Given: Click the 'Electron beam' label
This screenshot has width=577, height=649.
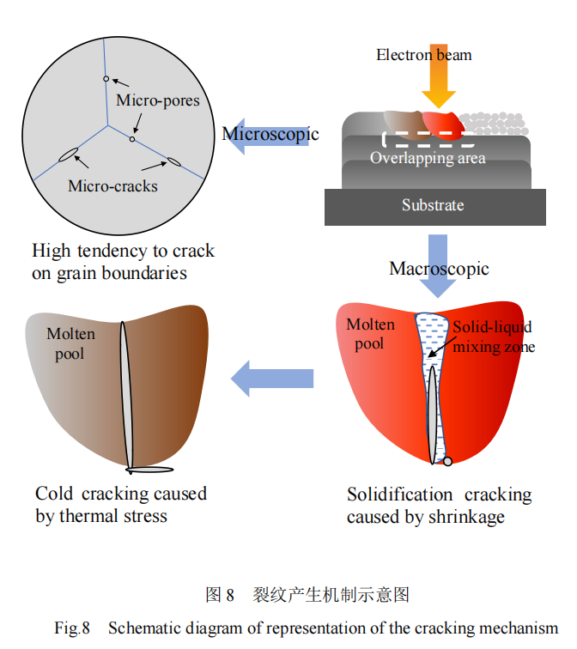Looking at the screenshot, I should pyautogui.click(x=423, y=54).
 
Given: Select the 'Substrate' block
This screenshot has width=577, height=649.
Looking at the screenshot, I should pyautogui.click(x=434, y=206).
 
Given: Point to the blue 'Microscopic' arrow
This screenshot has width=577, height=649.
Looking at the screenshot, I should pyautogui.click(x=268, y=135).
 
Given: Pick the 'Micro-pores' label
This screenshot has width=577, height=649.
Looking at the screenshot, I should pyautogui.click(x=157, y=100).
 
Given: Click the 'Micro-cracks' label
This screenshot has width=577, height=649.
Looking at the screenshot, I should pyautogui.click(x=112, y=185).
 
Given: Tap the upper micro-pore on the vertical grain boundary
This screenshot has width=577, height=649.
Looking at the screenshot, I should pyautogui.click(x=106, y=79).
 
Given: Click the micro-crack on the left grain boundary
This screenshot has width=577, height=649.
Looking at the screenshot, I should pyautogui.click(x=68, y=155).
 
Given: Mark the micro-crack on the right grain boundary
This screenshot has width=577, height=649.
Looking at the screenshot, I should pyautogui.click(x=173, y=161).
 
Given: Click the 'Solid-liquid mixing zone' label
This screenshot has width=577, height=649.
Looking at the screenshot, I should pyautogui.click(x=493, y=337).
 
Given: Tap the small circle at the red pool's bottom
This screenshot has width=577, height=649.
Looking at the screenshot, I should pyautogui.click(x=447, y=462).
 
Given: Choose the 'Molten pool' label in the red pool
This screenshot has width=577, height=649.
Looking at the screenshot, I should pyautogui.click(x=370, y=333).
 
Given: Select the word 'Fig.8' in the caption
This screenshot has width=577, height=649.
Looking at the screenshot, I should pyautogui.click(x=72, y=628).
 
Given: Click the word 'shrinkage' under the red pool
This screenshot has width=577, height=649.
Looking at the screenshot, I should pyautogui.click(x=465, y=517).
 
